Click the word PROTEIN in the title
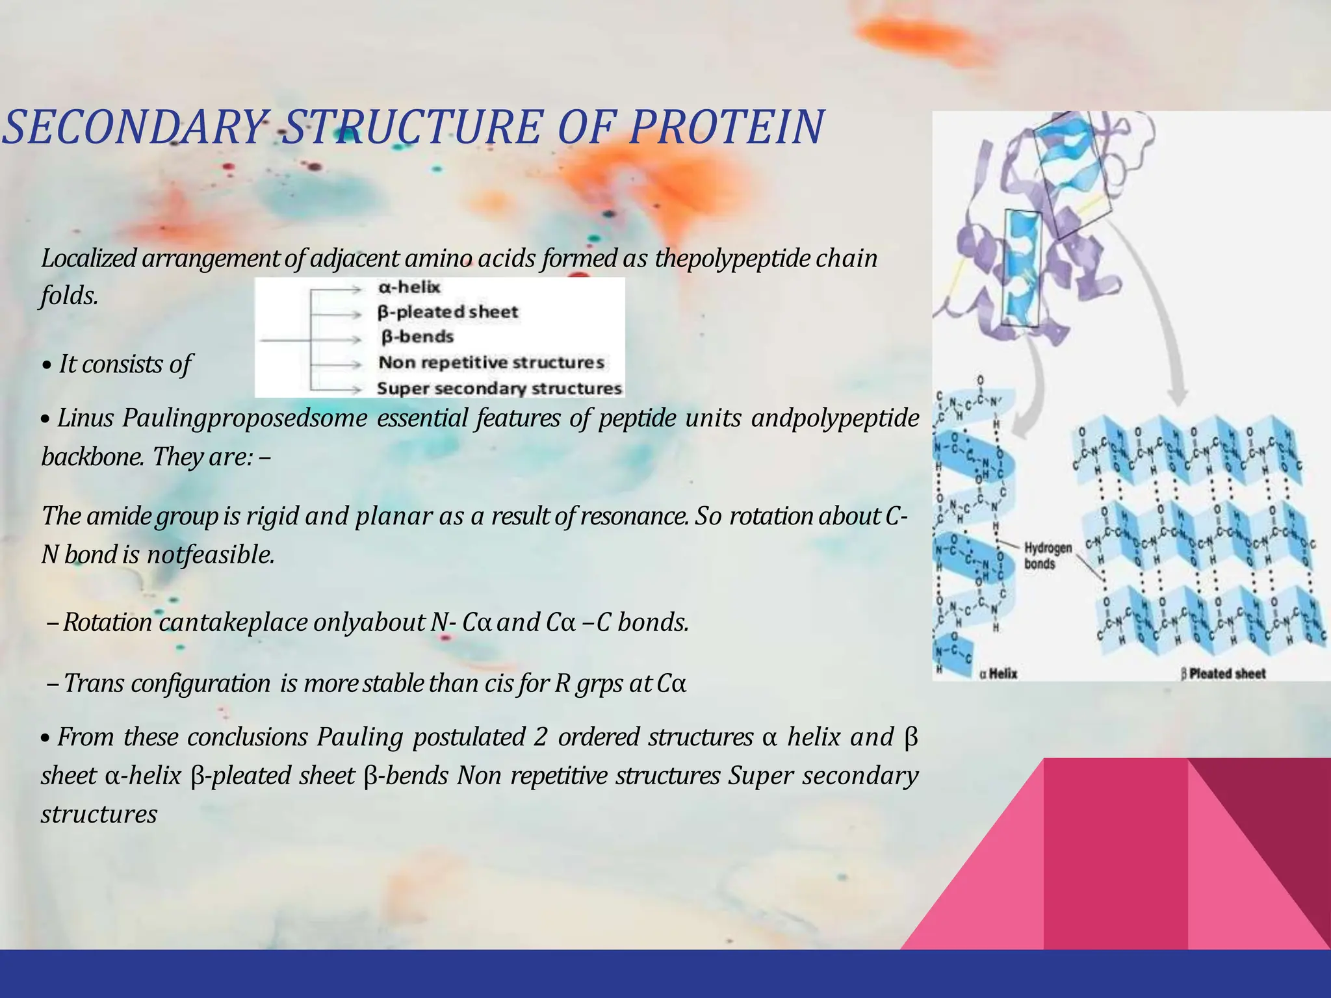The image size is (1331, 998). click(x=727, y=127)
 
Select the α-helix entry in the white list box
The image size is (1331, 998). click(x=409, y=287)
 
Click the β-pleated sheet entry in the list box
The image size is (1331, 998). click(x=448, y=313)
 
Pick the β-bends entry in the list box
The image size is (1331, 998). click(x=417, y=337)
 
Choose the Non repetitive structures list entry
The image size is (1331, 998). click(x=491, y=363)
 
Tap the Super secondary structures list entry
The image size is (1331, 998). click(x=499, y=389)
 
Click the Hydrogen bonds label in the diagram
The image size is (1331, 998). click(x=1048, y=555)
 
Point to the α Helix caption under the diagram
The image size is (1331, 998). click(x=998, y=673)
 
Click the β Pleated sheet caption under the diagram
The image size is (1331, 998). click(x=1223, y=673)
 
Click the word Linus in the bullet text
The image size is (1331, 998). click(x=84, y=418)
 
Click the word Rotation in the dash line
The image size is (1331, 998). click(x=107, y=622)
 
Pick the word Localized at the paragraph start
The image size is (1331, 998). click(x=88, y=259)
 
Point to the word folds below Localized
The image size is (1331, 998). click(x=69, y=296)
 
